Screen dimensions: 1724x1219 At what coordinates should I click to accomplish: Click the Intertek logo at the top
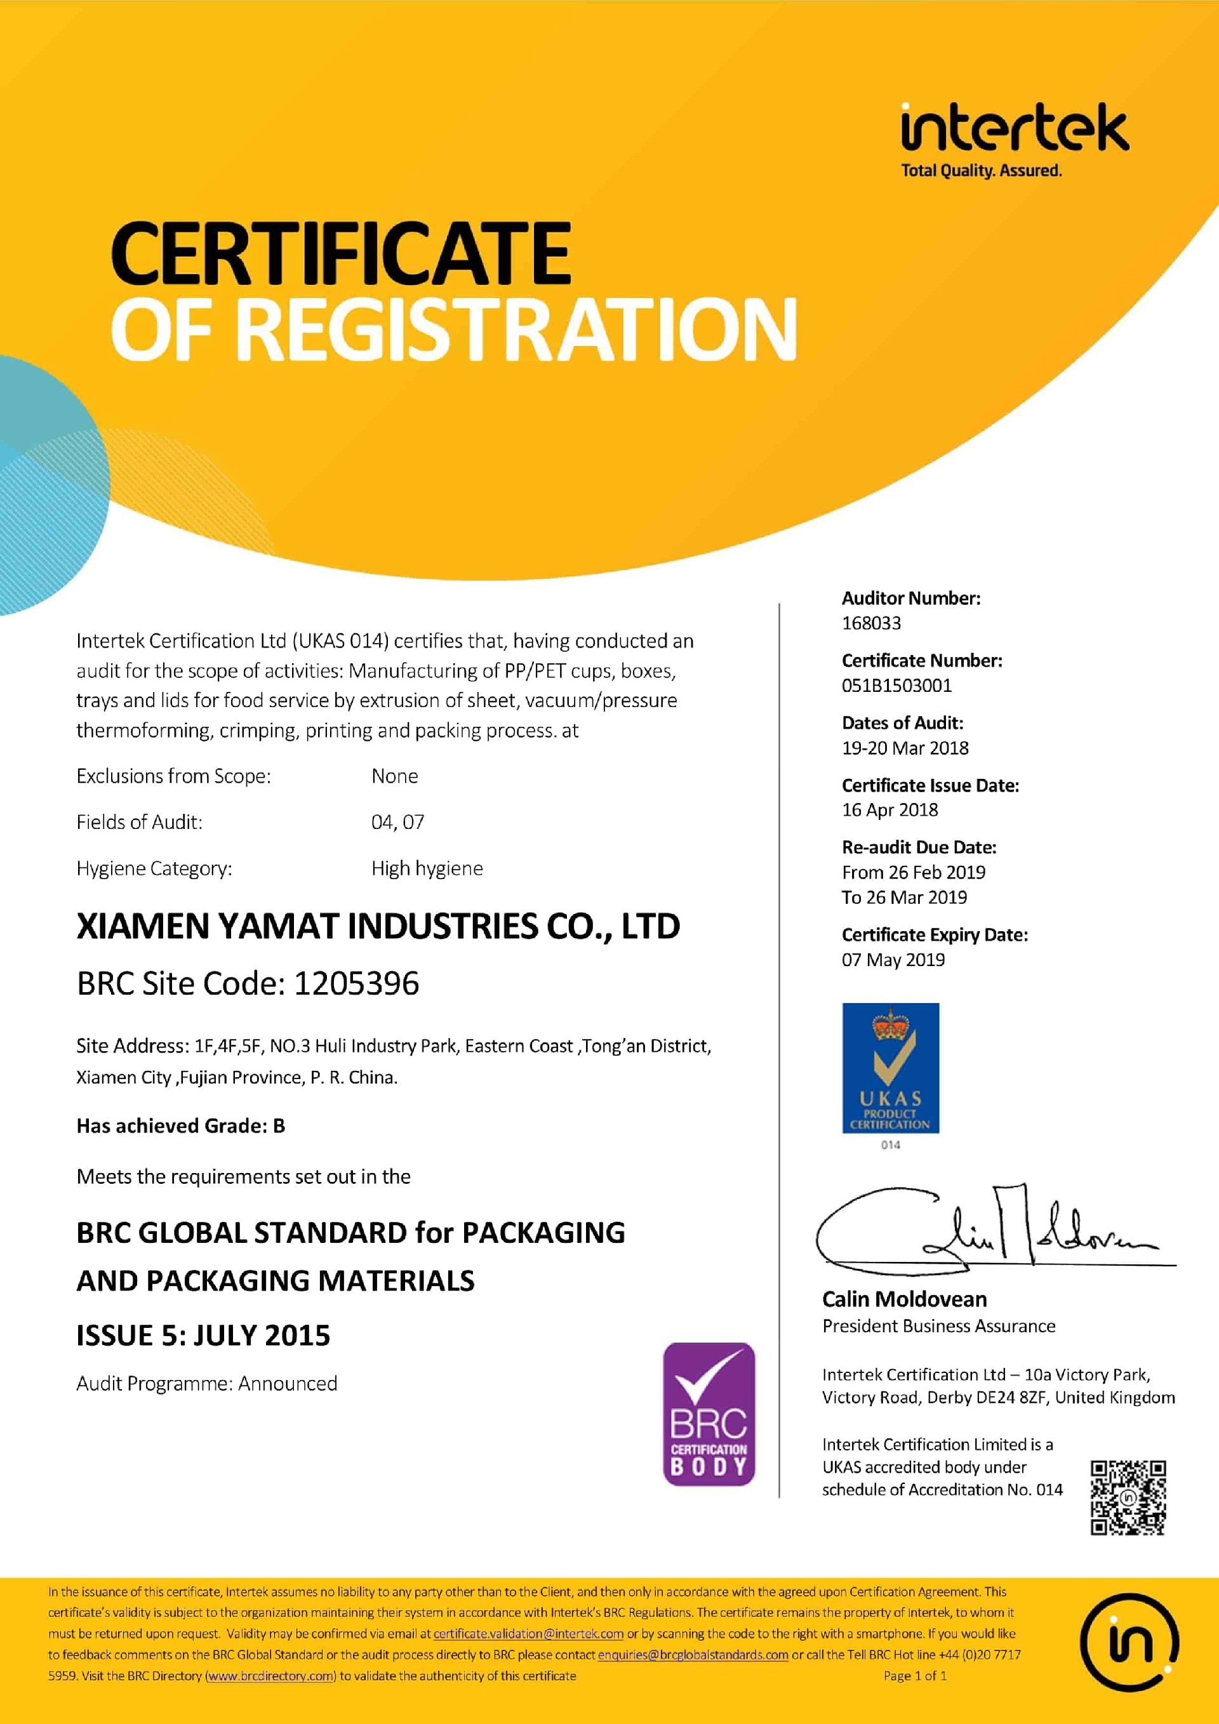click(x=1013, y=140)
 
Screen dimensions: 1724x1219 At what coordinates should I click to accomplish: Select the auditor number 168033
click(x=871, y=623)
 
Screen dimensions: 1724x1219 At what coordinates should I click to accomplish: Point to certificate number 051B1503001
click(x=896, y=686)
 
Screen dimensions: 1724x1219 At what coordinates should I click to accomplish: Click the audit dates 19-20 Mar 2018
click(x=905, y=748)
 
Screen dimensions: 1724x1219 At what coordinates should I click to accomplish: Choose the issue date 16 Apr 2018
click(x=890, y=810)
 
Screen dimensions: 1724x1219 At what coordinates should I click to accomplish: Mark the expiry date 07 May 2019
click(x=893, y=960)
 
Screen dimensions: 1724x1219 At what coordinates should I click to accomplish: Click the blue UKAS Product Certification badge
click(x=891, y=1068)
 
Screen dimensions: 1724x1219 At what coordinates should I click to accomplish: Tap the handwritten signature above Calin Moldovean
click(x=992, y=1231)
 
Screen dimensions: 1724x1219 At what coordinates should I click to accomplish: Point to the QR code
click(x=1128, y=1498)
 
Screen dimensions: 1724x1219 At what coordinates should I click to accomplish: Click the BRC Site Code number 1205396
click(x=356, y=984)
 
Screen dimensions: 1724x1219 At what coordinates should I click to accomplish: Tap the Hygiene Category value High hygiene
click(x=427, y=869)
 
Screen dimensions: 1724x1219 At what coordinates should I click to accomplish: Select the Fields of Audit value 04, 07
click(x=397, y=822)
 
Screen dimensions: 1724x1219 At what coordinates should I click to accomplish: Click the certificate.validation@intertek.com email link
click(x=528, y=1634)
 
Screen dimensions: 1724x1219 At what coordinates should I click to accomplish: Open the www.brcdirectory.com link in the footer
click(x=270, y=1676)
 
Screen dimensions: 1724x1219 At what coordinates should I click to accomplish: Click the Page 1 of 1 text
click(x=915, y=1676)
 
